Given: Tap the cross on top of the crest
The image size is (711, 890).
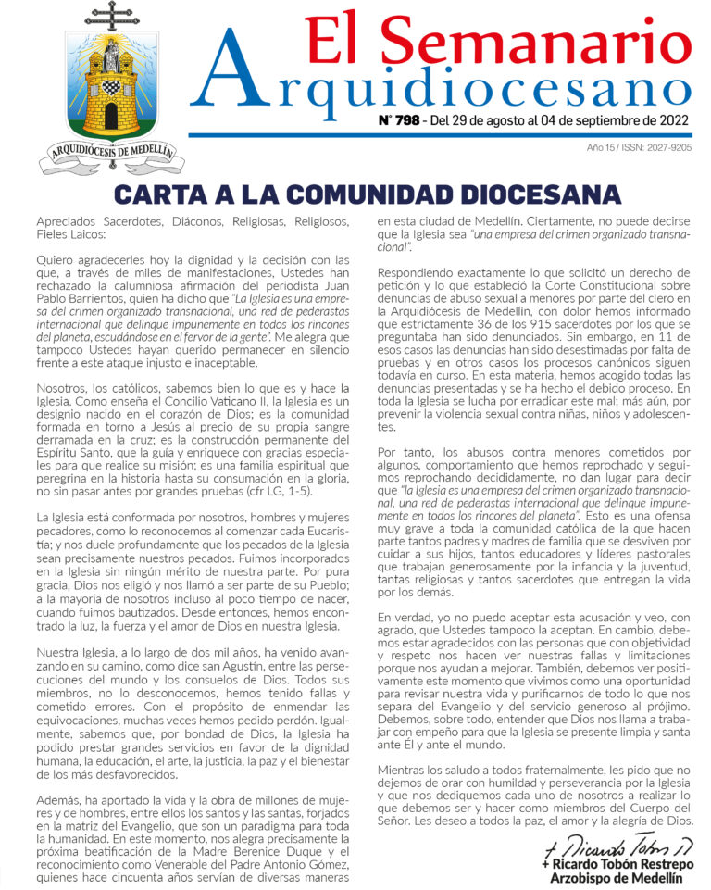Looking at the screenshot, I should (x=111, y=16).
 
